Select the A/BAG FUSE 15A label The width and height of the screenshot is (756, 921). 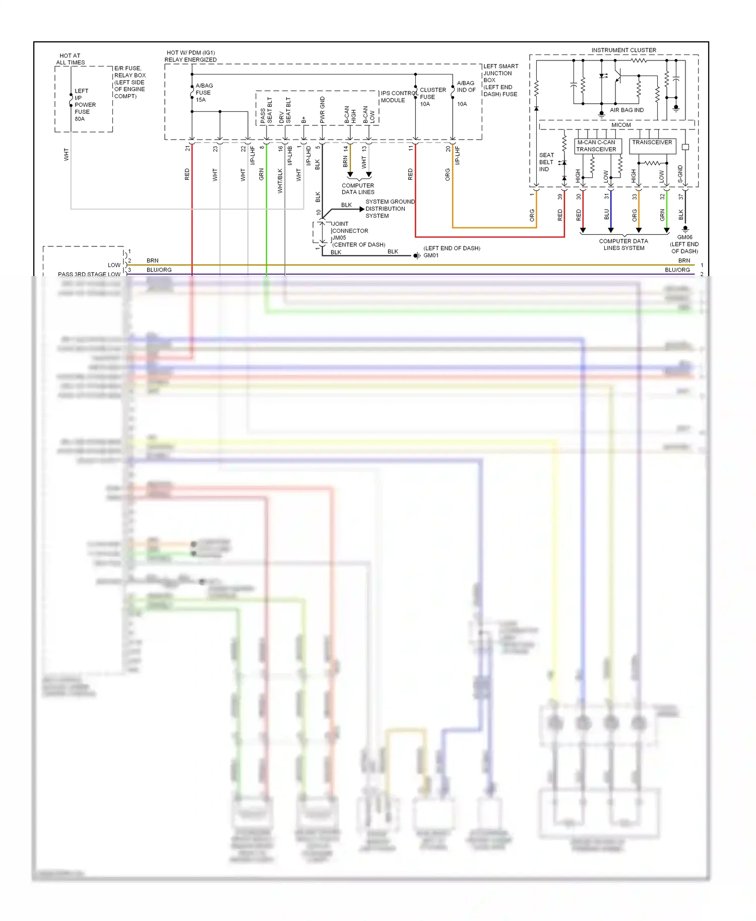click(204, 93)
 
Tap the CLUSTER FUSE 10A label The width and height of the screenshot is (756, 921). click(432, 97)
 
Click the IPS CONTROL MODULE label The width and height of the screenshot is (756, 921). click(397, 97)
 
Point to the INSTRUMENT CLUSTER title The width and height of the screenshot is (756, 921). click(623, 50)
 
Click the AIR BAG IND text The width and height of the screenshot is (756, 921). click(626, 110)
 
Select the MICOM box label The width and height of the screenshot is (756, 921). click(621, 125)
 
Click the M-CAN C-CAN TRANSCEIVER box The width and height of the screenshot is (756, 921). click(597, 146)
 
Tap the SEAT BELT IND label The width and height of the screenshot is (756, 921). click(546, 162)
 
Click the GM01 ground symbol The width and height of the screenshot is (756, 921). click(416, 255)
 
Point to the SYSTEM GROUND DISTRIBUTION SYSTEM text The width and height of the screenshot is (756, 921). click(389, 209)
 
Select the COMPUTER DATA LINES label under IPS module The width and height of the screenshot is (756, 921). click(358, 189)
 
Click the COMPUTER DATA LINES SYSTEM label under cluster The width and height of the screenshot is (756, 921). click(623, 244)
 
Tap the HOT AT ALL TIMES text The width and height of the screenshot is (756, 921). click(70, 59)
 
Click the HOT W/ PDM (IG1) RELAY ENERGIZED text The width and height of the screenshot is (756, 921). click(191, 56)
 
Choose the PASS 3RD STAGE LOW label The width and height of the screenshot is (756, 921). click(89, 274)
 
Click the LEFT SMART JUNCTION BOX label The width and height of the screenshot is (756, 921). click(500, 80)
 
